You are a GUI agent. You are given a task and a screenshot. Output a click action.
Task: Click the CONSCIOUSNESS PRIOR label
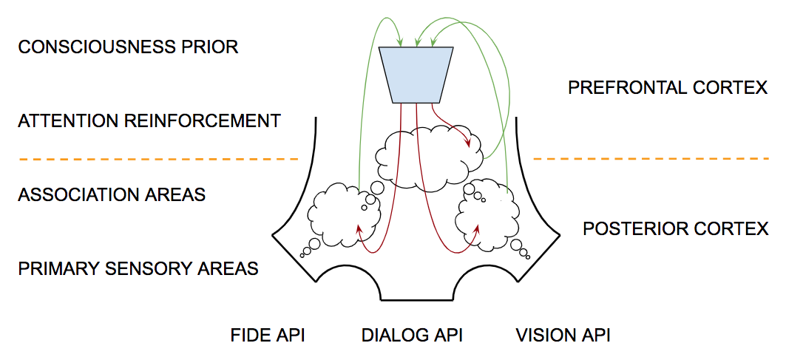(x=128, y=47)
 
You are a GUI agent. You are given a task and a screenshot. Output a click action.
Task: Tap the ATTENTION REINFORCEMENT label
(x=149, y=120)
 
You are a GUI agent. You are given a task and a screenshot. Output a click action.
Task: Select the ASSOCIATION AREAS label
(x=112, y=195)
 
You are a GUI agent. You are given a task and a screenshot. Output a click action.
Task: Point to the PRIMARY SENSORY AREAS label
(x=138, y=268)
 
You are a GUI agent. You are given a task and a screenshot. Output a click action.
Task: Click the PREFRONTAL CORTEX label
(x=668, y=88)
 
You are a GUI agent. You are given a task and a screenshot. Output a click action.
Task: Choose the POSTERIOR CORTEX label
(x=676, y=228)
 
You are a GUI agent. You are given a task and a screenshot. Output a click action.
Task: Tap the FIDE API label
(x=268, y=336)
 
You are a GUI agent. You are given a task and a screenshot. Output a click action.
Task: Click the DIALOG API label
(x=412, y=336)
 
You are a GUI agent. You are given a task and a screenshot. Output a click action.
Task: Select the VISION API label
(x=563, y=336)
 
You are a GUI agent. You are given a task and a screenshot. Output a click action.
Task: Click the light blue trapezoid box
(x=416, y=75)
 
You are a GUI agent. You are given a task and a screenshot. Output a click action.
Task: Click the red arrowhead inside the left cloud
(x=360, y=229)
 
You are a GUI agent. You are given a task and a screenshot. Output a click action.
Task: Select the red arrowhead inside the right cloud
(x=475, y=227)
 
